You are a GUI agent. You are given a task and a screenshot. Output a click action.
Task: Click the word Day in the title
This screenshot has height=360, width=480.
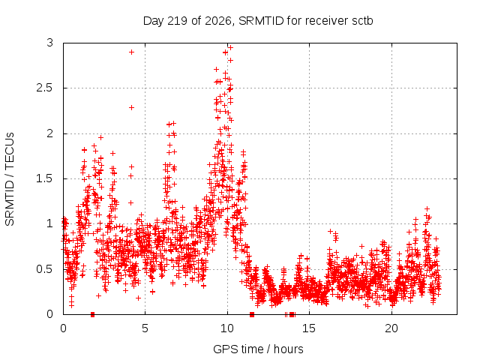(x=154, y=21)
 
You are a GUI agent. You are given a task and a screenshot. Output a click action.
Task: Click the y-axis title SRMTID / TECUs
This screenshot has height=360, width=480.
(x=10, y=179)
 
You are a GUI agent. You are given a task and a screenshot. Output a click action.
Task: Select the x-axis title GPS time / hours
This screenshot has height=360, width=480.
(x=258, y=349)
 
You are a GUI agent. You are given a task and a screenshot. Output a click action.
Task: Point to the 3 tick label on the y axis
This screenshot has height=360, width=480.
(x=50, y=43)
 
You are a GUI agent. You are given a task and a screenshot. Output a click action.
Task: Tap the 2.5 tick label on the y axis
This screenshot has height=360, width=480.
(x=45, y=88)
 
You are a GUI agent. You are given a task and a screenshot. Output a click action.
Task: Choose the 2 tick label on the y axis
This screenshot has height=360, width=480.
(x=50, y=133)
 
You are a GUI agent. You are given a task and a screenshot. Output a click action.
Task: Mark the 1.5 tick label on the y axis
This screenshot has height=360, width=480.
(x=45, y=178)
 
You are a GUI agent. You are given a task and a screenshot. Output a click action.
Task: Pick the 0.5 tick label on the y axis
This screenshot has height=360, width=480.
(x=45, y=269)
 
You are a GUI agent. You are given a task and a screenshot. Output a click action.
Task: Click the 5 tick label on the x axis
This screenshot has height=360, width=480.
(x=145, y=328)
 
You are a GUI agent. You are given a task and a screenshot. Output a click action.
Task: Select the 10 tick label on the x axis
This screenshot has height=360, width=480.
(x=227, y=328)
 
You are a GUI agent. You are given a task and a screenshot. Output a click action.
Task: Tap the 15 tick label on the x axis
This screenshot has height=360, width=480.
(x=309, y=328)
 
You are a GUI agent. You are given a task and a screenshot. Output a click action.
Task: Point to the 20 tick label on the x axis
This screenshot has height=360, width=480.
(x=391, y=328)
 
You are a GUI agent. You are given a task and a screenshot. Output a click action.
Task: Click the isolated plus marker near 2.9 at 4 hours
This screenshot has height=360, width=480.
(x=132, y=52)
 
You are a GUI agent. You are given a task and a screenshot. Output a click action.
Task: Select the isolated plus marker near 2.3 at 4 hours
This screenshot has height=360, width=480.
(x=132, y=108)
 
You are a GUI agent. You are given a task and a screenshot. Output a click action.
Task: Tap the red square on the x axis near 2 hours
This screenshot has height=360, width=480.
(x=93, y=315)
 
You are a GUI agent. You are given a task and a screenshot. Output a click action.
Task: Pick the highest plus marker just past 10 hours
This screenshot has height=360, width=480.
(x=231, y=47)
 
